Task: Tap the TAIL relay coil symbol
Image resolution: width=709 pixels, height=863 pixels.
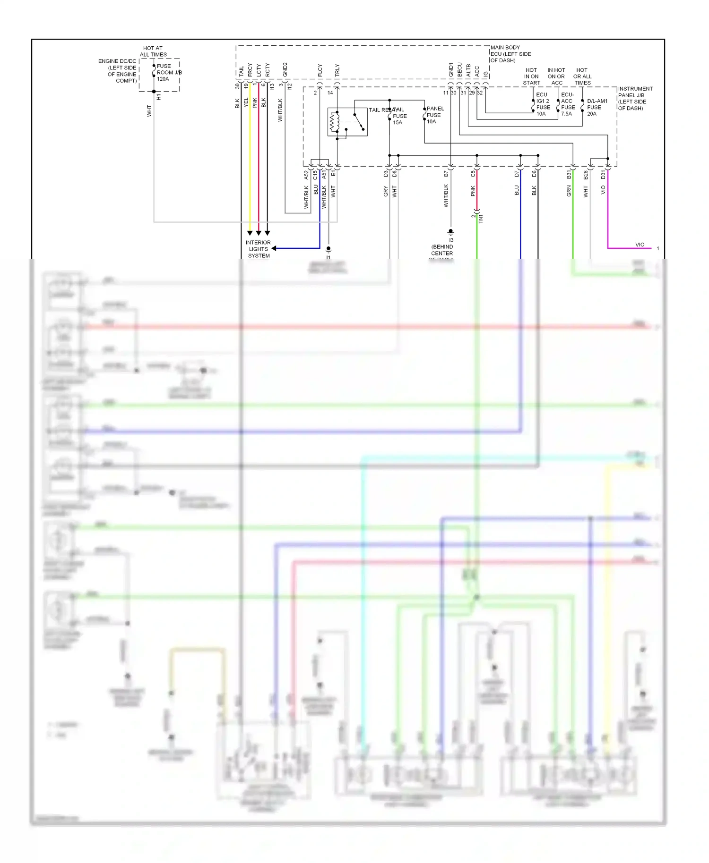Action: pos(335,122)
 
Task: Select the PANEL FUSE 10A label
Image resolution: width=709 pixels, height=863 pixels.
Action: pos(434,115)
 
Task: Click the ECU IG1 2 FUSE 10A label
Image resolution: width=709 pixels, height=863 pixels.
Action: pos(543,104)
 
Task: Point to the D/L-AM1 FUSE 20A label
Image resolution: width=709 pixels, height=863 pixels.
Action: pos(597,107)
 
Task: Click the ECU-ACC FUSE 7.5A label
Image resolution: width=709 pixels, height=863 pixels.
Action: pos(568,104)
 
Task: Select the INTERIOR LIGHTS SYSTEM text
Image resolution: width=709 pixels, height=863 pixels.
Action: pos(258,249)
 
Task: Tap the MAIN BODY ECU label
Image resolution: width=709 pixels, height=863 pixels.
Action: pos(510,54)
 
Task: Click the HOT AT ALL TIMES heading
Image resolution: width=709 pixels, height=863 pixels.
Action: pos(153,51)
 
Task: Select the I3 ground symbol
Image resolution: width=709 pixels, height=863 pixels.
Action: pos(450,232)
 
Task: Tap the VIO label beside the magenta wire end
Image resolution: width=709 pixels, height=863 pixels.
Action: pos(640,245)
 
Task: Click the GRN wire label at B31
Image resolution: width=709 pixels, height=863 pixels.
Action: pos(569,191)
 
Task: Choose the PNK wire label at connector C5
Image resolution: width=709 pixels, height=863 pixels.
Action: pos(473,191)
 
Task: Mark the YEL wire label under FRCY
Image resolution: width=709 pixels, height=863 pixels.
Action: pos(246,102)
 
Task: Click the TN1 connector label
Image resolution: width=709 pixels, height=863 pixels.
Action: pos(481,219)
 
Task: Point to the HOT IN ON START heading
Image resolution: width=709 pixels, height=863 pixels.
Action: pos(531,76)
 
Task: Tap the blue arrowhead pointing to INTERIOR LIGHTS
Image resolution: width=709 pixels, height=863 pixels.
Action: pos(274,248)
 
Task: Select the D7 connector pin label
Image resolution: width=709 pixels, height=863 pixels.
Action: pos(517,174)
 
